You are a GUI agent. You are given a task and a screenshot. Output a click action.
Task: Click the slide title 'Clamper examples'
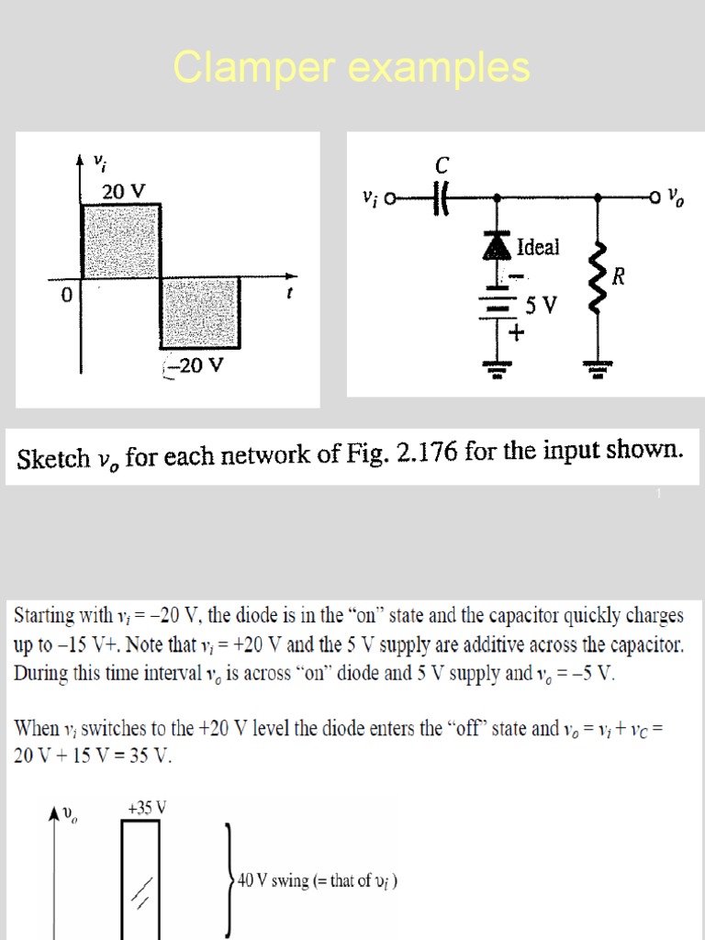(x=352, y=68)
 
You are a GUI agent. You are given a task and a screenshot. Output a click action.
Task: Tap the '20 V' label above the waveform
(x=124, y=192)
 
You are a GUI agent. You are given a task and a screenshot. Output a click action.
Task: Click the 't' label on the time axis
(x=290, y=297)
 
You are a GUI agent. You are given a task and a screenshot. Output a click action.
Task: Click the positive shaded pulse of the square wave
(x=121, y=241)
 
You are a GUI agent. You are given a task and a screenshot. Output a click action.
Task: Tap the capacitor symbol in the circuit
(x=440, y=197)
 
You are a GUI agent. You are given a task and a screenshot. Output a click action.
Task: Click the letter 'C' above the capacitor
(x=442, y=166)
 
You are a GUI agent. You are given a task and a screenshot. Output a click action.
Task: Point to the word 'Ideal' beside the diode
(x=538, y=247)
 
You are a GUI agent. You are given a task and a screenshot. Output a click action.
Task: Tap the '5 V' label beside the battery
(x=540, y=305)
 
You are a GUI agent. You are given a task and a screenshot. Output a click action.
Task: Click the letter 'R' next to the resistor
(x=619, y=277)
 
